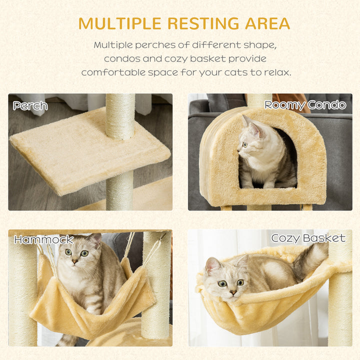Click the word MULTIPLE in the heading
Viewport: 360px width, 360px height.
pos(119,23)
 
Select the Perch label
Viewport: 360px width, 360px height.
pos(30,106)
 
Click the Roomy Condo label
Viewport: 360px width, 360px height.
pos(305,105)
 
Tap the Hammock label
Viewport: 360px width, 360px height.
pos(43,240)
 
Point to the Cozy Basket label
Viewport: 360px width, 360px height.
pos(308,238)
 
